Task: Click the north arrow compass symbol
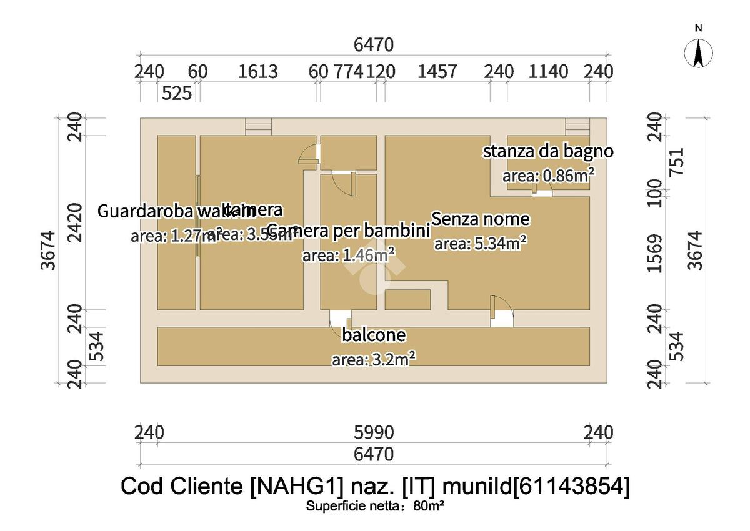coord(698,52)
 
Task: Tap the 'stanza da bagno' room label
coord(547,151)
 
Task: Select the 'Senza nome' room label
coord(481,219)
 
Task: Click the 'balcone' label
coord(374,335)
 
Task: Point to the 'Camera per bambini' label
coord(349,231)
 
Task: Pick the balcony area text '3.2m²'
coord(392,359)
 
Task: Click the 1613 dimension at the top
coord(258,72)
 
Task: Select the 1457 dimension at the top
coord(437,72)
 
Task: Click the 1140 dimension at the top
coord(549,72)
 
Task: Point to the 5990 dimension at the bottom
coord(374,432)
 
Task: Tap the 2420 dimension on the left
coord(74,222)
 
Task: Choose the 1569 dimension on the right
coord(655,253)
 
